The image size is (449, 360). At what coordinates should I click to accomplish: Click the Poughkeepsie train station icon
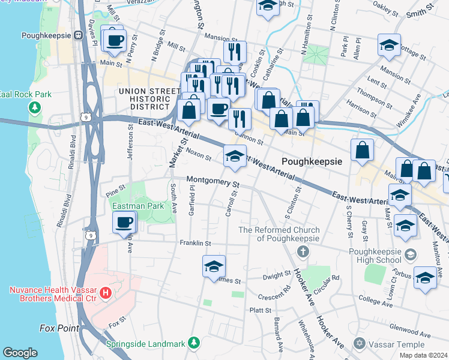coord(78,35)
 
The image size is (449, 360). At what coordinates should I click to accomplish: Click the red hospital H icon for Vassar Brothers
coord(106,293)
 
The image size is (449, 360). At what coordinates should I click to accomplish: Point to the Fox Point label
coord(58,328)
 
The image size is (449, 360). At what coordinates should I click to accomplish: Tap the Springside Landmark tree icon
coord(193,343)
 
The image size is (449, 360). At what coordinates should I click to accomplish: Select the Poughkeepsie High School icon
coord(410,254)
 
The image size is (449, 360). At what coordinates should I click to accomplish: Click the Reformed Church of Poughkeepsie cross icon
coord(303,250)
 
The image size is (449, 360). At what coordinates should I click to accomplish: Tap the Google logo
coord(20,353)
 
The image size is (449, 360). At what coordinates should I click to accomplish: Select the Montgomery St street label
coord(212,181)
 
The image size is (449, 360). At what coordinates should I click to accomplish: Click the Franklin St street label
coord(195,243)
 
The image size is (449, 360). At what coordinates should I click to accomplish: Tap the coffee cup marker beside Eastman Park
coord(124,223)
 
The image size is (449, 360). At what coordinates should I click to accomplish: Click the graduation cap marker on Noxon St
coord(235,157)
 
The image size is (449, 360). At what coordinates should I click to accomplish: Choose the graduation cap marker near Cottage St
coord(389,46)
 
